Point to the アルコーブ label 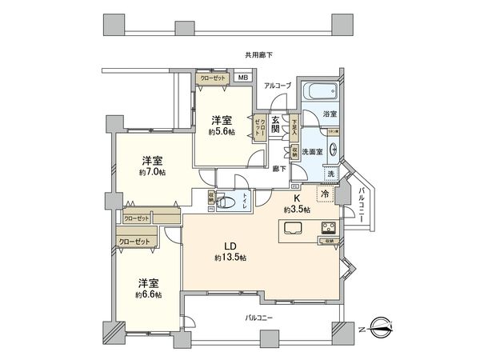[x=278, y=85]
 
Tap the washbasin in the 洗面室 [x=331, y=147]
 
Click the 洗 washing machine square [x=329, y=174]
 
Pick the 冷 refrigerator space [x=326, y=194]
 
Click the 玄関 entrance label [x=275, y=124]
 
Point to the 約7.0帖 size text [x=151, y=172]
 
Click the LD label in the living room [x=230, y=246]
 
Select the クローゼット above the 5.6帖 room [x=214, y=78]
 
